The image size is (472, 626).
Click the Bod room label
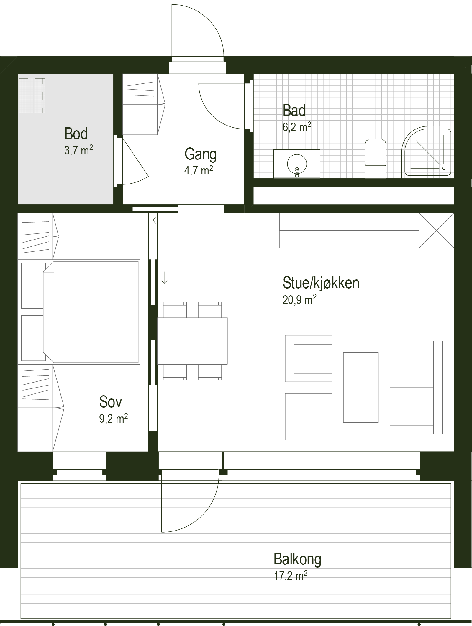(76, 134)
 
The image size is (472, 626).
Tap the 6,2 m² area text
(297, 127)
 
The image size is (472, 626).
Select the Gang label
(201, 154)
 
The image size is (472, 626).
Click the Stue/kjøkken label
(321, 283)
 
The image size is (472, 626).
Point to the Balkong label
(297, 559)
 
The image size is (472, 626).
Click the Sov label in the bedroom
(111, 401)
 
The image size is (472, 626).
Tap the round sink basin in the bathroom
(297, 164)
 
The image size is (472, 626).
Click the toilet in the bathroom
(376, 159)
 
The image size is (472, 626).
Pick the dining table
(192, 341)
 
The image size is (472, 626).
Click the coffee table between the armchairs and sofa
(361, 388)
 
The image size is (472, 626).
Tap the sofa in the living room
(416, 388)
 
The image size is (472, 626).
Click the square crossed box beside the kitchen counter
(436, 230)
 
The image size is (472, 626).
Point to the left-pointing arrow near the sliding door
(158, 220)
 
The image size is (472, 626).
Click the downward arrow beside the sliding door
(164, 278)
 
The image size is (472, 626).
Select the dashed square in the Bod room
(32, 95)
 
